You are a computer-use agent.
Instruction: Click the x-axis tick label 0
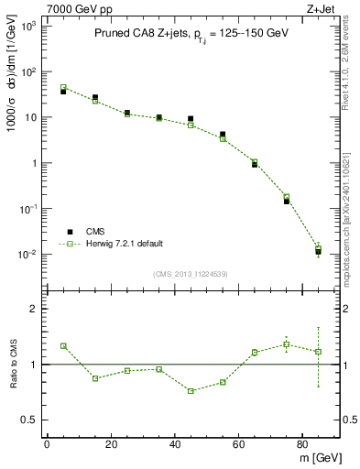click(x=47, y=444)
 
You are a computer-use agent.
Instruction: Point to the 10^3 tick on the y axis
click(x=29, y=27)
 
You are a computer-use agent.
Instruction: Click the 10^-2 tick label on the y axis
click(x=27, y=255)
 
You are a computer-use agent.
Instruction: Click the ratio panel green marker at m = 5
click(x=63, y=346)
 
